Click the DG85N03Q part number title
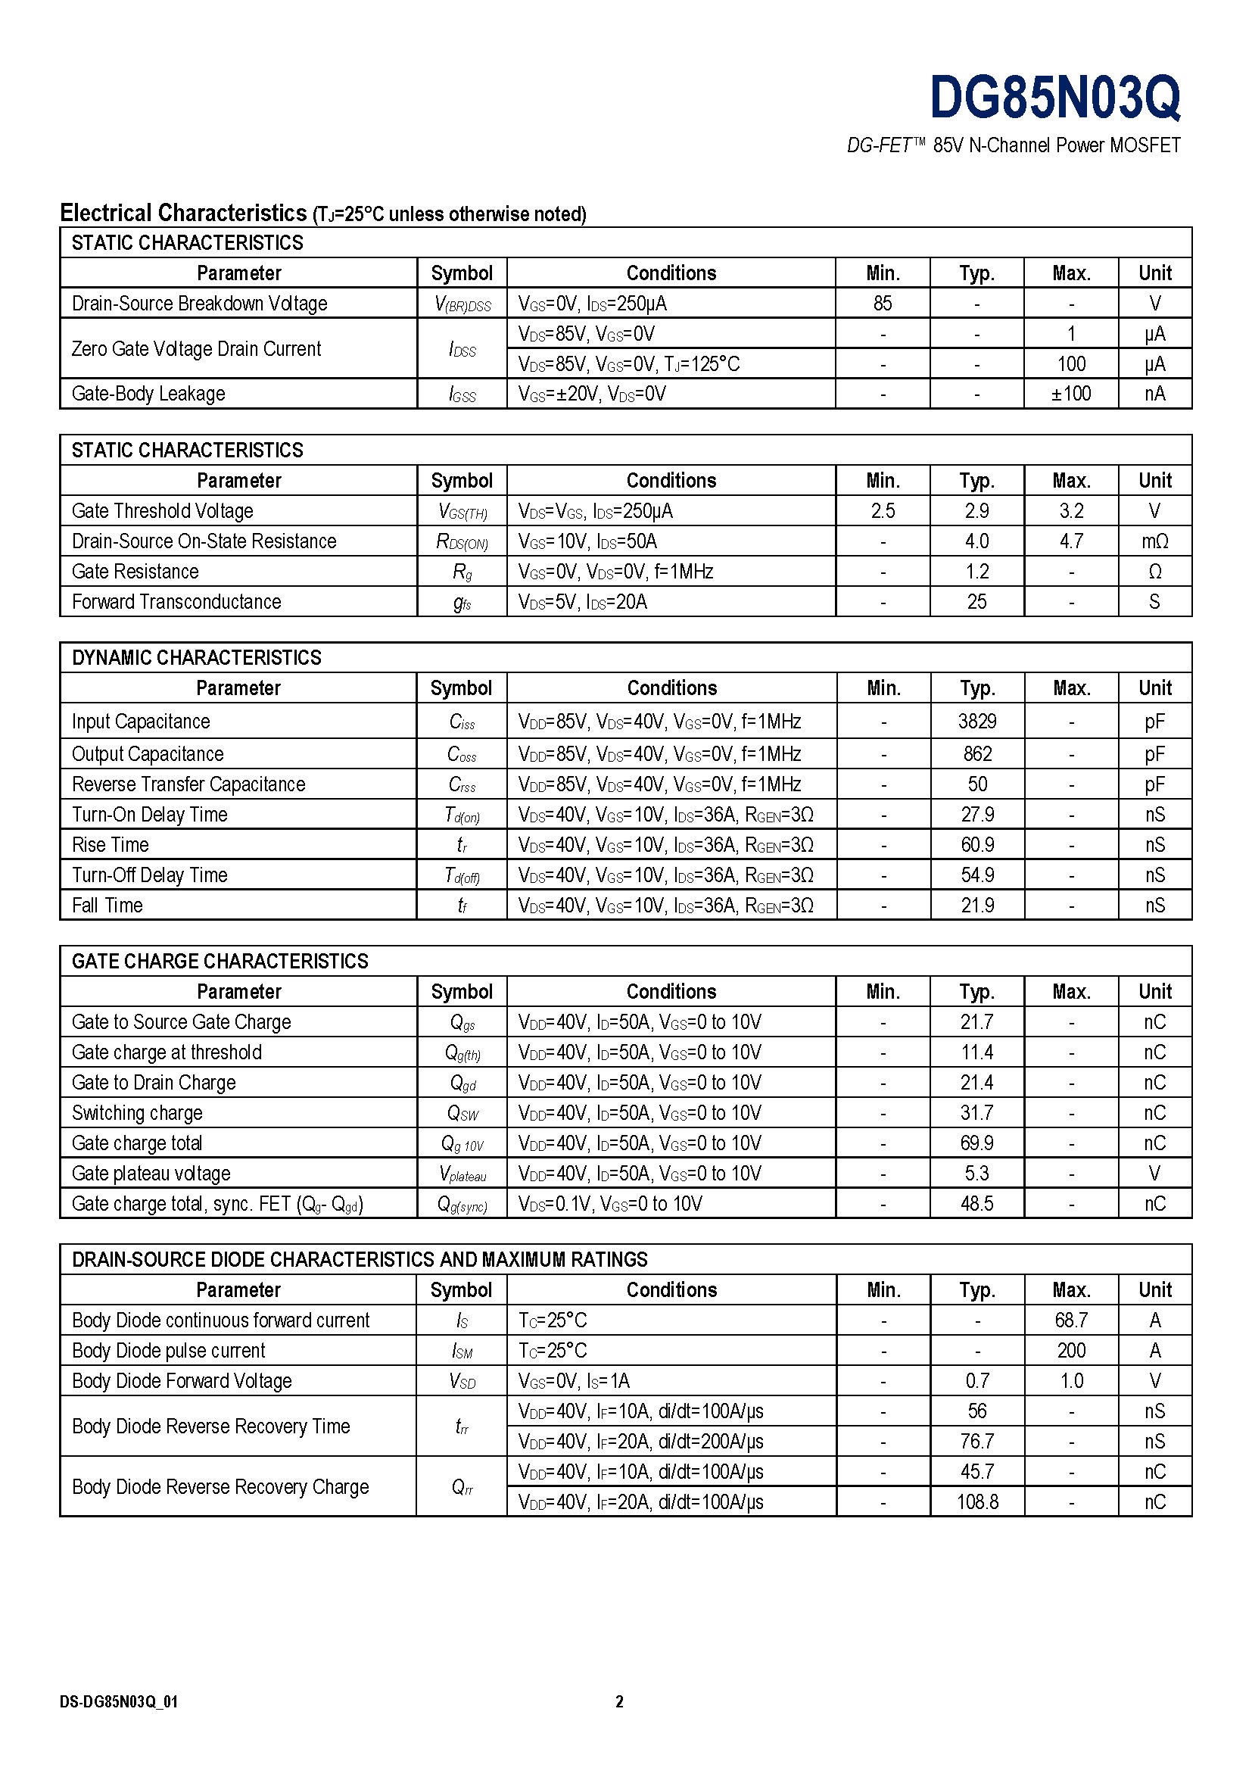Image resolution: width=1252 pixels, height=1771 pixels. [x=1054, y=98]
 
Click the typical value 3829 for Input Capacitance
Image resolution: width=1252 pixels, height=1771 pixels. [x=976, y=722]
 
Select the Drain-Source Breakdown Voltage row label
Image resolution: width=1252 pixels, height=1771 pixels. [x=199, y=303]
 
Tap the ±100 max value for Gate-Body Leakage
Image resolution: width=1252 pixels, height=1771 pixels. [x=1071, y=394]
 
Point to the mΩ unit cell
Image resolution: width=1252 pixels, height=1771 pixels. [x=1154, y=541]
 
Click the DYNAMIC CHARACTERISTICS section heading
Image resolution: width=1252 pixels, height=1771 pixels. [x=197, y=657]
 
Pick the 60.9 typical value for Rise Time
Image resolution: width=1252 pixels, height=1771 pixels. [x=976, y=845]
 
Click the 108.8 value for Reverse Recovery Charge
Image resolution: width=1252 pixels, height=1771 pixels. [x=976, y=1501]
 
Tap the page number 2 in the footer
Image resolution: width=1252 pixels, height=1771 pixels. [x=619, y=1701]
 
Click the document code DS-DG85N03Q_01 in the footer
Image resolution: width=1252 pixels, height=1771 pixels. [x=119, y=1701]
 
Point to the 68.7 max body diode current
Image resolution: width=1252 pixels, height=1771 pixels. [x=1071, y=1320]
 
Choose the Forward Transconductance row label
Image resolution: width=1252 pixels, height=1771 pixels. [x=176, y=602]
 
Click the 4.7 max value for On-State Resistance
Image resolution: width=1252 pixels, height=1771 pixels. [x=1071, y=541]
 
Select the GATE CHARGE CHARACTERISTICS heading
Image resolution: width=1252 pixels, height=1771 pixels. [x=220, y=961]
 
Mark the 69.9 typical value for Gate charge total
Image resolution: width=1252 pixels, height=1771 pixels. [x=976, y=1143]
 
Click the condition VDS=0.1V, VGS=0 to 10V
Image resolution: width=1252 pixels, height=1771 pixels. [x=610, y=1204]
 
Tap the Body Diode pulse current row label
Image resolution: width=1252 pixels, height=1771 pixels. [x=168, y=1351]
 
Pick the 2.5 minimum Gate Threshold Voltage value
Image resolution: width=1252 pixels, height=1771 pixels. [x=883, y=510]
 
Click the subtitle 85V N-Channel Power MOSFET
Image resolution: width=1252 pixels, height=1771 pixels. [x=1056, y=146]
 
